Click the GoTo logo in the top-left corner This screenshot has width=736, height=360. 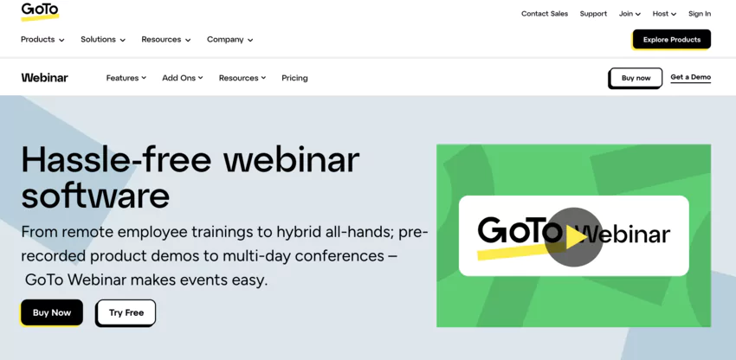pyautogui.click(x=40, y=11)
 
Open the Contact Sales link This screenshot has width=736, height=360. pyautogui.click(x=545, y=14)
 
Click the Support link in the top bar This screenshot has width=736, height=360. pyautogui.click(x=593, y=14)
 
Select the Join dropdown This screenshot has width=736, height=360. pyautogui.click(x=629, y=14)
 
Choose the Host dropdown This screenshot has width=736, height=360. pyautogui.click(x=664, y=14)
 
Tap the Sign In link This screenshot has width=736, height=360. pyautogui.click(x=700, y=14)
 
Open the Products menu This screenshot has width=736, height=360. pyautogui.click(x=42, y=40)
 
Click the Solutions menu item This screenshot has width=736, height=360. pyautogui.click(x=103, y=40)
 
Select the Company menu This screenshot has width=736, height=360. pyautogui.click(x=229, y=40)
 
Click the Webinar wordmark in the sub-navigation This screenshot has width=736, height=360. pyautogui.click(x=45, y=78)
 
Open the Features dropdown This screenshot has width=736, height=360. pyautogui.click(x=126, y=78)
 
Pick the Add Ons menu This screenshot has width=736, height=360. pyautogui.click(x=183, y=78)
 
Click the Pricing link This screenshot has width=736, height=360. pyautogui.click(x=294, y=78)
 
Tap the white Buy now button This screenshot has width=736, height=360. pyautogui.click(x=636, y=78)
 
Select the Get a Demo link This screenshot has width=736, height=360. pyautogui.click(x=690, y=77)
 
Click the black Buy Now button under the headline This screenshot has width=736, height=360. pyautogui.click(x=52, y=312)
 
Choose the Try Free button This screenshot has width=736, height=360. pyautogui.click(x=126, y=312)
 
